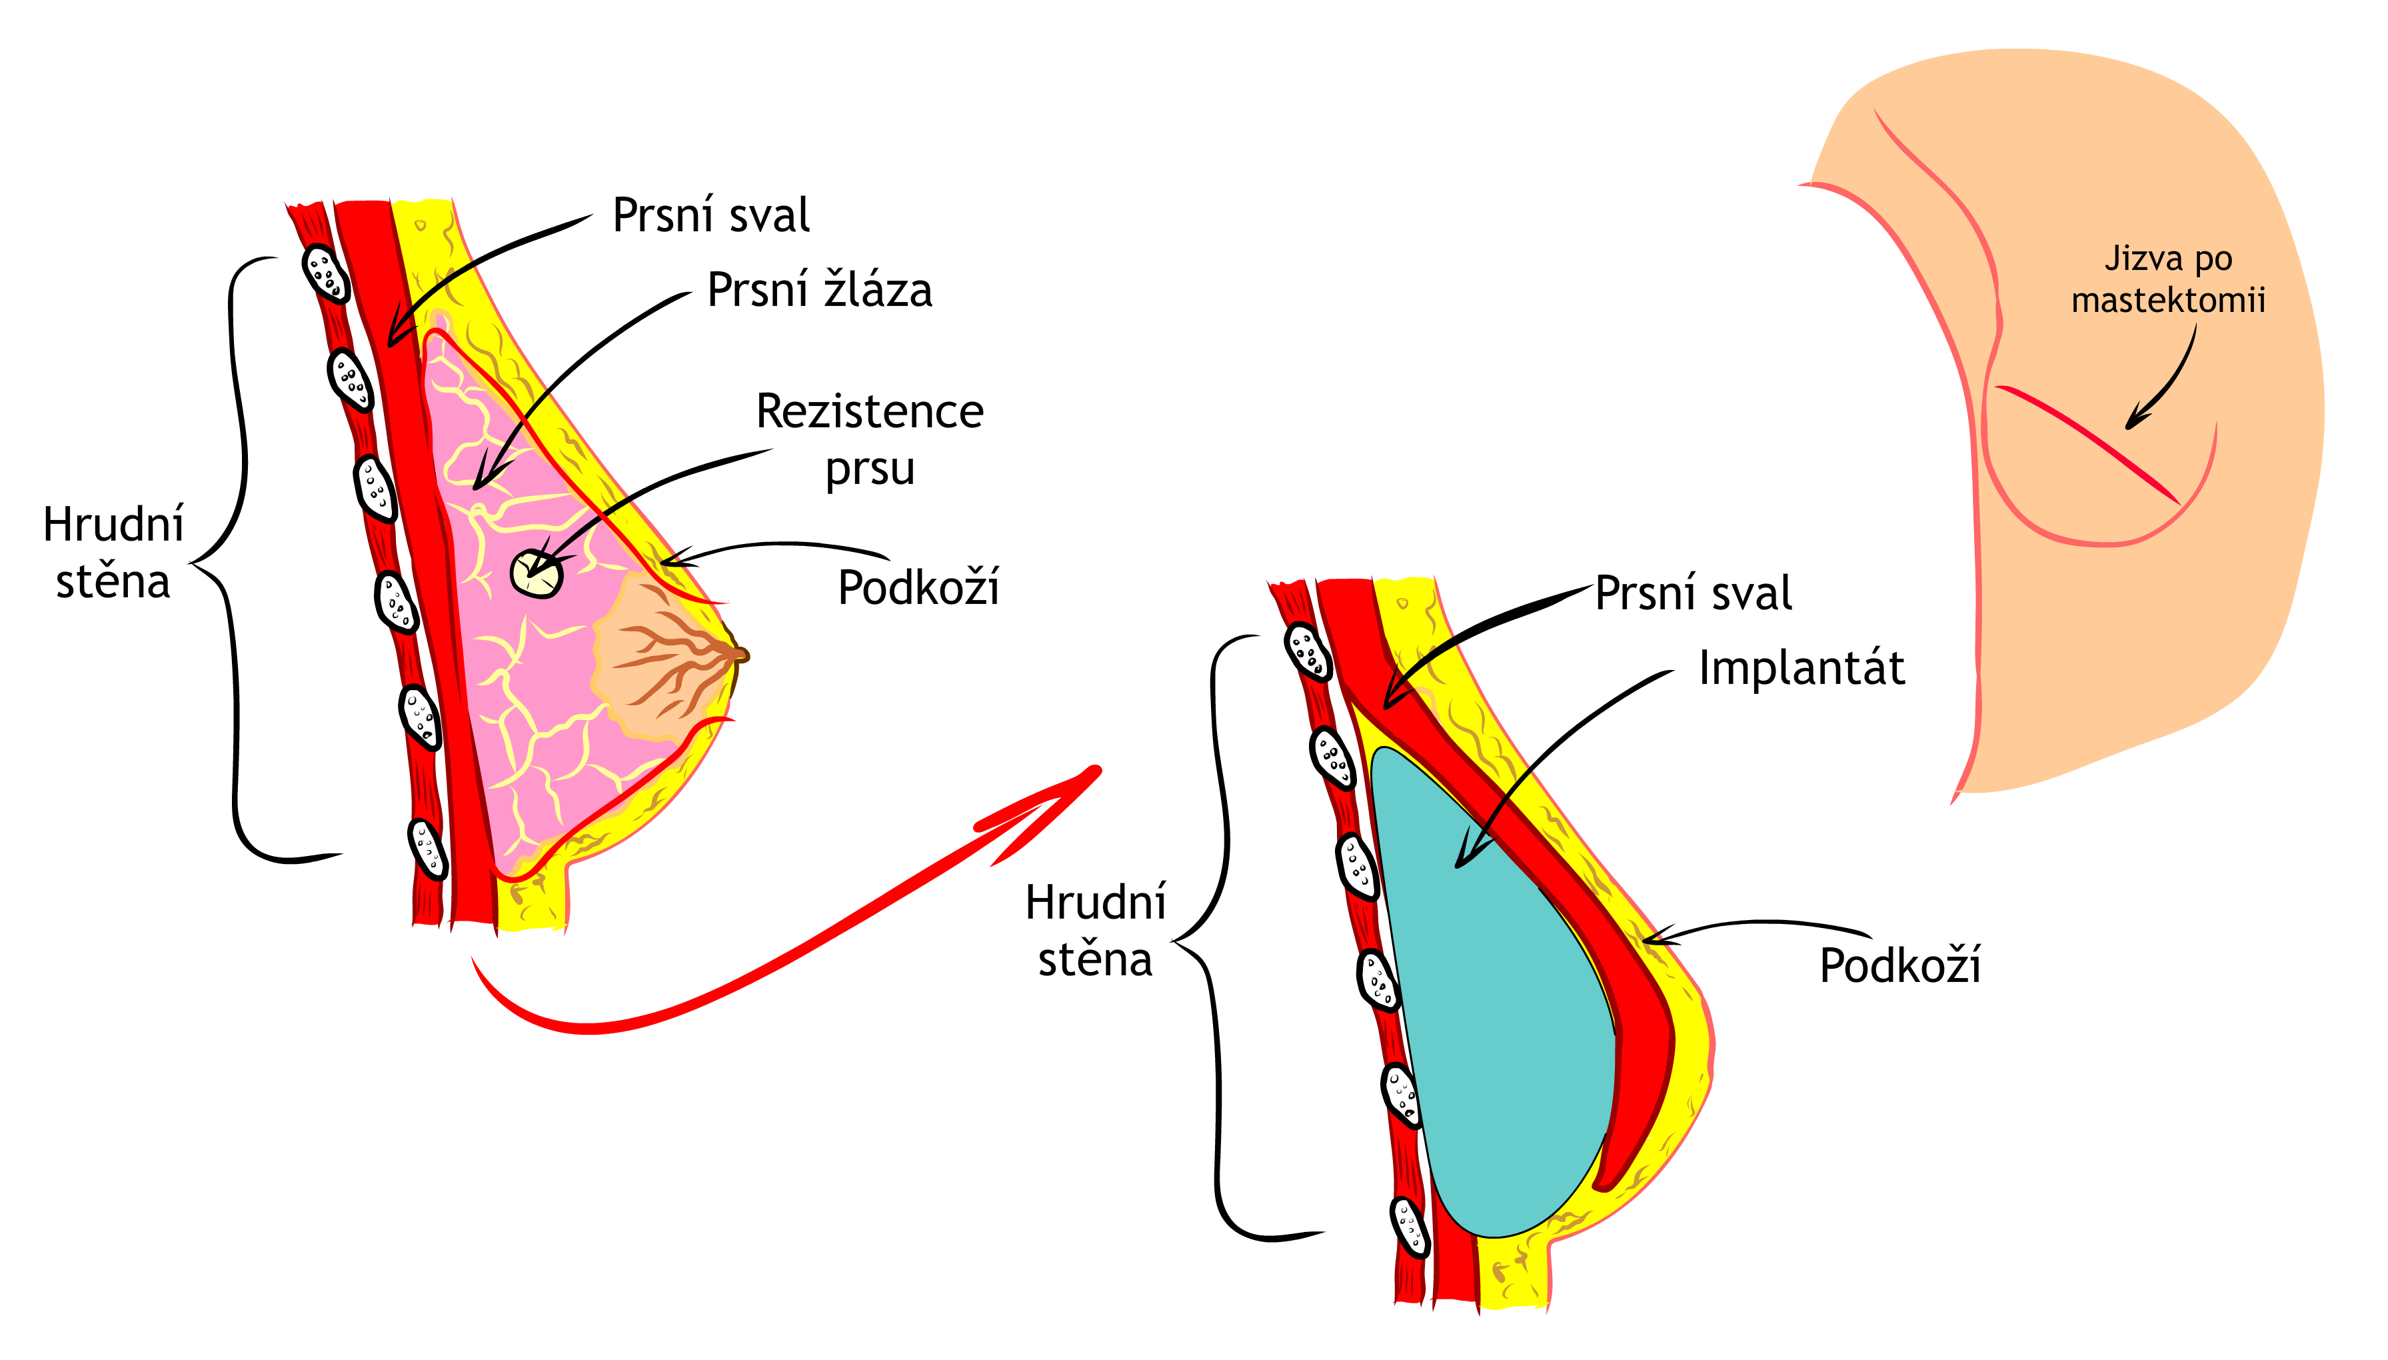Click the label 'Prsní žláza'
pos(818,289)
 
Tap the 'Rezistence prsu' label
pos(869,439)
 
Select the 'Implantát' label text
pos(1801,668)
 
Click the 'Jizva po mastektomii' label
pos(2167,279)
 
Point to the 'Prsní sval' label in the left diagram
pos(710,215)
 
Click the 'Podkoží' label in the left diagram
pos(918,587)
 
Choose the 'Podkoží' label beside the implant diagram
pos(1899,965)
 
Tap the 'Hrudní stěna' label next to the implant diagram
pos(1095,931)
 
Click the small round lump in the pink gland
pos(537,571)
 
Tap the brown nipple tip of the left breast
pos(741,654)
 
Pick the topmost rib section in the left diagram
pos(325,273)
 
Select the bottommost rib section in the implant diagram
pos(1409,1225)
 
